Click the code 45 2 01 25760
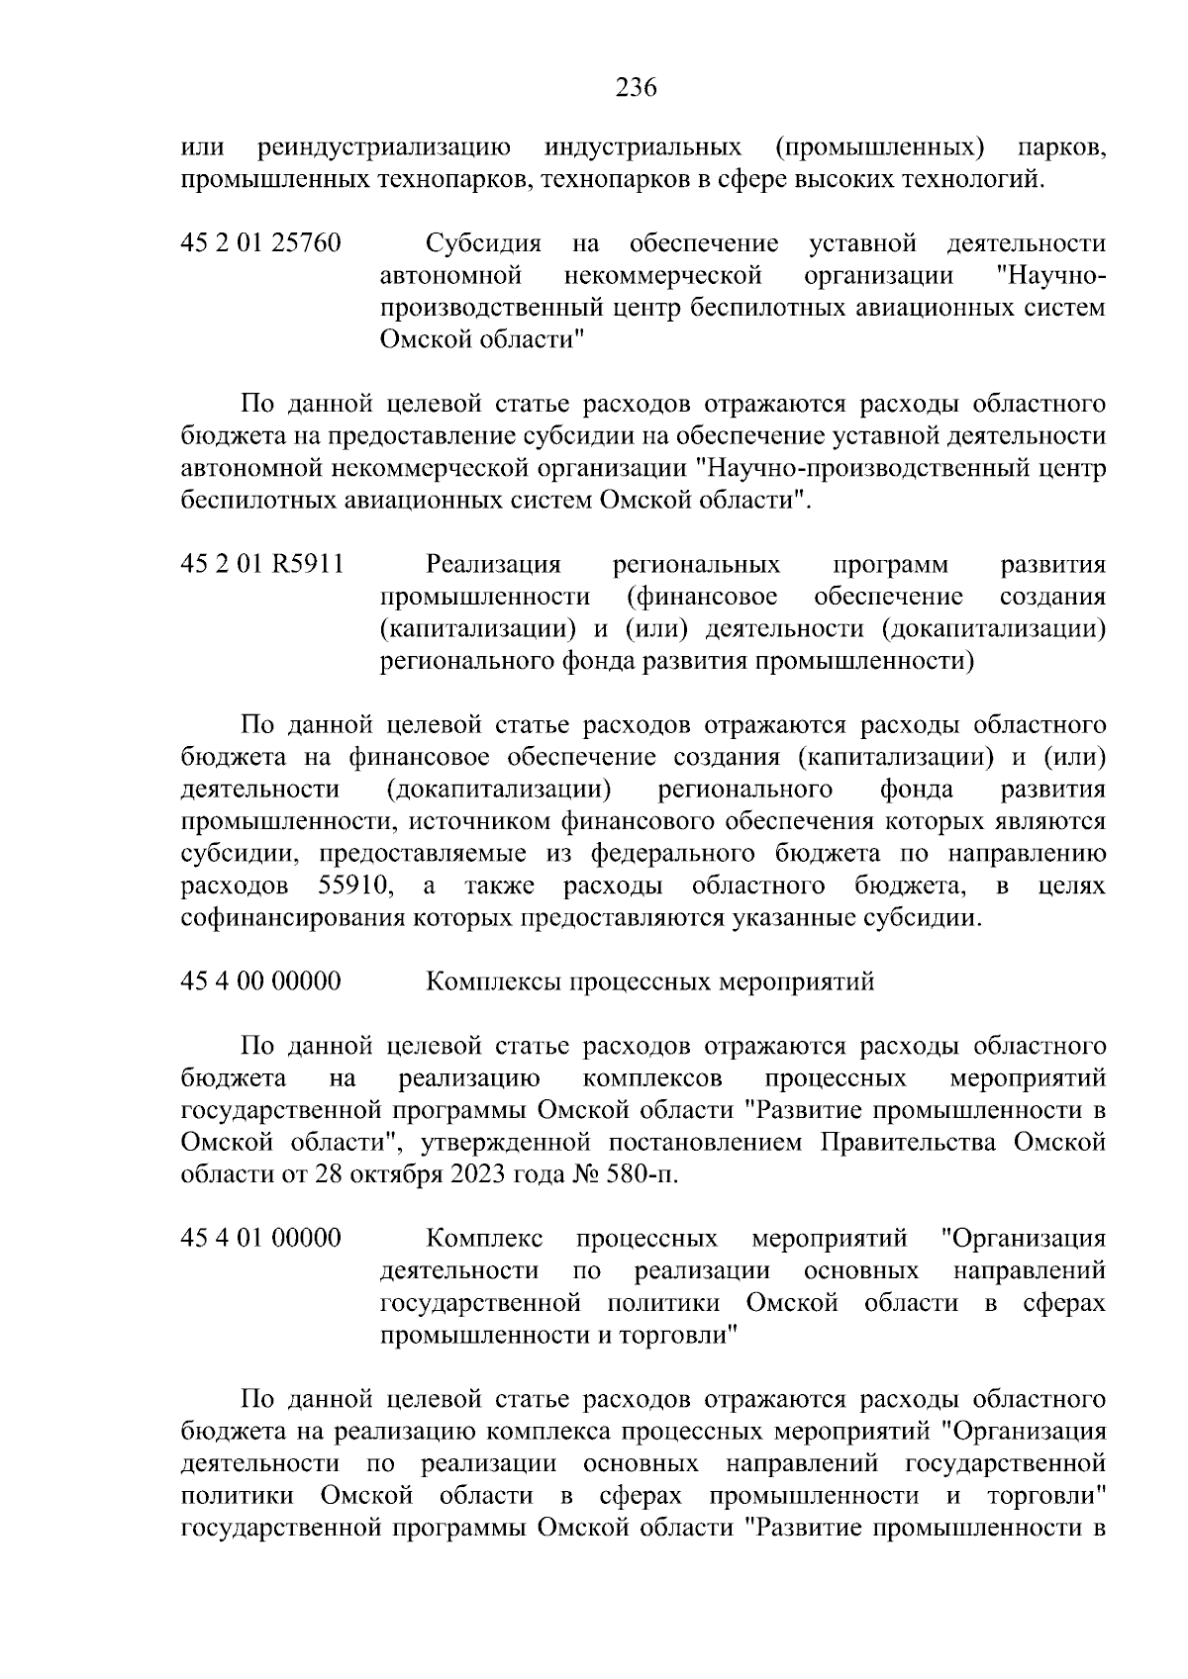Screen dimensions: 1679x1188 [261, 243]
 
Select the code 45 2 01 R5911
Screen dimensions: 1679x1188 [262, 565]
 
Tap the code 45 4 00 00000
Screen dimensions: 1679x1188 [261, 981]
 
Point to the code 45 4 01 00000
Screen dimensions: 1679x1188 [261, 1238]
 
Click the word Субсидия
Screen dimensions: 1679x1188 [483, 243]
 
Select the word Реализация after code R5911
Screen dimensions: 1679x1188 [493, 565]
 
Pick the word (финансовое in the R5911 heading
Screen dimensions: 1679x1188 [702, 597]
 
